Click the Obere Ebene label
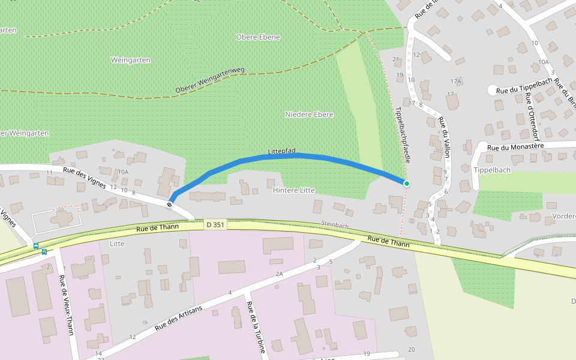pyautogui.click(x=258, y=37)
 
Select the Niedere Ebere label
pyautogui.click(x=309, y=114)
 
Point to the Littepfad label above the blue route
pyautogui.click(x=281, y=152)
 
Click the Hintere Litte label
pyautogui.click(x=294, y=190)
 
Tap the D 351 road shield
pyautogui.click(x=214, y=224)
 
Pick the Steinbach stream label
pyautogui.click(x=335, y=226)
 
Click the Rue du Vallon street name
pyautogui.click(x=444, y=137)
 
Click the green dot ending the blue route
pyautogui.click(x=407, y=183)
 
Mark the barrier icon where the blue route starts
pyautogui.click(x=170, y=205)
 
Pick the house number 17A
pyautogui.click(x=456, y=81)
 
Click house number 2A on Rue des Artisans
pyautogui.click(x=279, y=274)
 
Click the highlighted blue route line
pyautogui.click(x=300, y=156)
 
